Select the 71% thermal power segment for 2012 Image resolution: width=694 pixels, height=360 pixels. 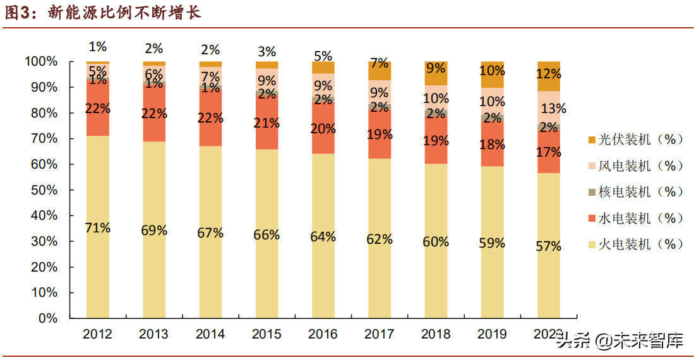coord(98,227)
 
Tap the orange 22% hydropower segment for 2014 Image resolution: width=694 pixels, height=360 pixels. coord(211,117)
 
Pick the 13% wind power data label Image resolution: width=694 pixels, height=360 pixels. coord(553,109)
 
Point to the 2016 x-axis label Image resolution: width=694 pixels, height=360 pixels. coord(323,334)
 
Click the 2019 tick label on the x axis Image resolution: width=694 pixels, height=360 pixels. coord(492,334)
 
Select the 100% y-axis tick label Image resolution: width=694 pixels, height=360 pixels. coord(41,62)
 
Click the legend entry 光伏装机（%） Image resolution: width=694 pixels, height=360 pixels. coord(635,140)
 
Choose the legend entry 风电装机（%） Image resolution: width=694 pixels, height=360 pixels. coord(635,165)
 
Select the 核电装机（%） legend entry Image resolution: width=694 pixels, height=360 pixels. coord(635,191)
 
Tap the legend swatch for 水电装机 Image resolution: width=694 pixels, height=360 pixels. coord(591,218)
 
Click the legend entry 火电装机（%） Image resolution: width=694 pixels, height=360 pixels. coord(635,244)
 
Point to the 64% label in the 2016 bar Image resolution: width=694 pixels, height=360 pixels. coord(323,237)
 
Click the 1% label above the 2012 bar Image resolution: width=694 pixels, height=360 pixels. coord(98,46)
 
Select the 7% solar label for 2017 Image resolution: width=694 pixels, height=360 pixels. coord(380,63)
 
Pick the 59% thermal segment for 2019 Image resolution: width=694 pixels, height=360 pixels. coord(492,243)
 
